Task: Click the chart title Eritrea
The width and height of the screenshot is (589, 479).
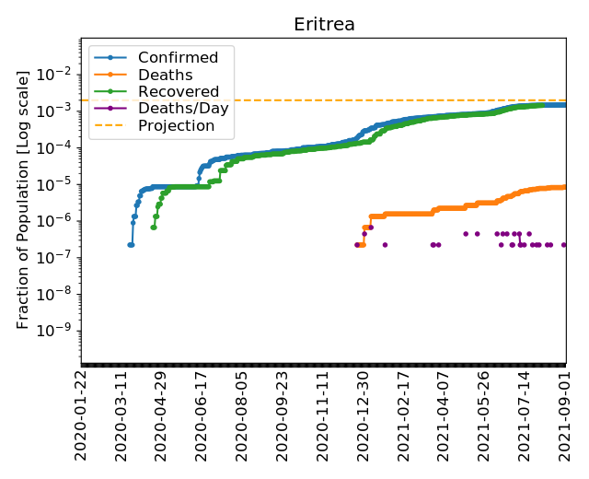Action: tap(324, 24)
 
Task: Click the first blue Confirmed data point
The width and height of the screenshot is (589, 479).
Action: tap(130, 245)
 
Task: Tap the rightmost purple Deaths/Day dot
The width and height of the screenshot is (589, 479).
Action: tap(563, 245)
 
